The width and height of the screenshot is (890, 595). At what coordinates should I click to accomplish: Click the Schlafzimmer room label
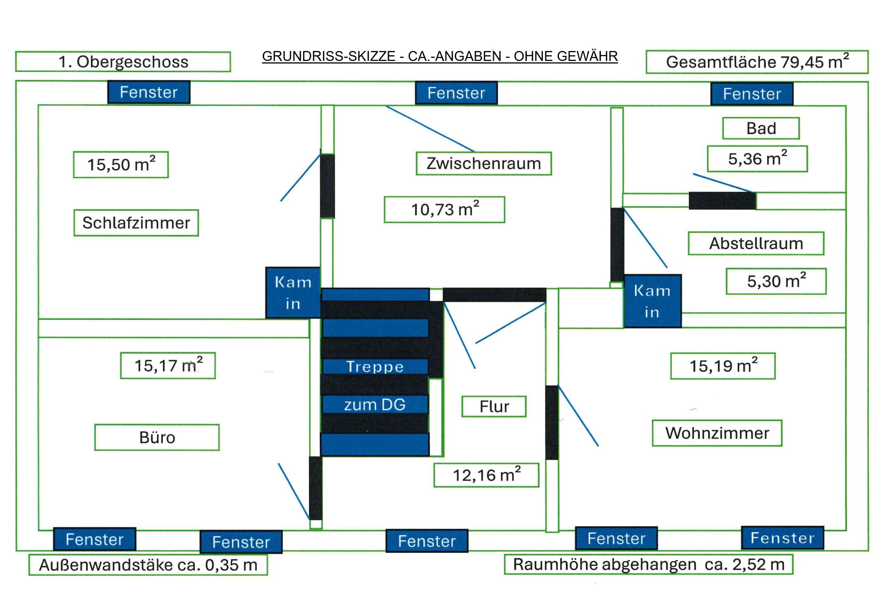[x=136, y=223]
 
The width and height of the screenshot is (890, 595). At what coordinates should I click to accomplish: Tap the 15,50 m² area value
[x=121, y=165]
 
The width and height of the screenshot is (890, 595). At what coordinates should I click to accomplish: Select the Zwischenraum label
[x=483, y=164]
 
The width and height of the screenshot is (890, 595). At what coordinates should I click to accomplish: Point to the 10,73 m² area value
[x=444, y=210]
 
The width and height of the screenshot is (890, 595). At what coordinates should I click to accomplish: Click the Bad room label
[x=761, y=128]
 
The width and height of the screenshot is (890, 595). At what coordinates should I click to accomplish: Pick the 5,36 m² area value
[x=757, y=158]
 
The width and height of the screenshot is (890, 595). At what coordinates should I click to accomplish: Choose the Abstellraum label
[x=756, y=243]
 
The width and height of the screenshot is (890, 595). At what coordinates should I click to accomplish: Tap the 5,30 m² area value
[x=776, y=281]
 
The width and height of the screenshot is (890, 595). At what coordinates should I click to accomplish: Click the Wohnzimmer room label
[x=717, y=433]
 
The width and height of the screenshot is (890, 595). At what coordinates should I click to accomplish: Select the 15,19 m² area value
[x=722, y=366]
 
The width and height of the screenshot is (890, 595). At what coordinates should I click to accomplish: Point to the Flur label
[x=493, y=406]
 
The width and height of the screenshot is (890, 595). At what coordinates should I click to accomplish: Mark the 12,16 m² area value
[x=486, y=475]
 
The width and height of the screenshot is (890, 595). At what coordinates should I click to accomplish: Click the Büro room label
[x=157, y=438]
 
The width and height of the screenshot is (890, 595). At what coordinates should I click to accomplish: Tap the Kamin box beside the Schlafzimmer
[x=293, y=293]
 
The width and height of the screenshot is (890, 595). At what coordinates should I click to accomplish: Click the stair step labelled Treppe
[x=374, y=367]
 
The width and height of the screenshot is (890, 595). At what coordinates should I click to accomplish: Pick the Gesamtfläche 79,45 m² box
[x=757, y=62]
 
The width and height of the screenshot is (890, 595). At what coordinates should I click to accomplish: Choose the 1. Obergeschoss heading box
[x=123, y=62]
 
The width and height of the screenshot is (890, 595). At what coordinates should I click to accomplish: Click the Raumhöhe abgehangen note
[x=648, y=565]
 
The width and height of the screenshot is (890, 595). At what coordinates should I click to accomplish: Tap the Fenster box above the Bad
[x=752, y=94]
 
